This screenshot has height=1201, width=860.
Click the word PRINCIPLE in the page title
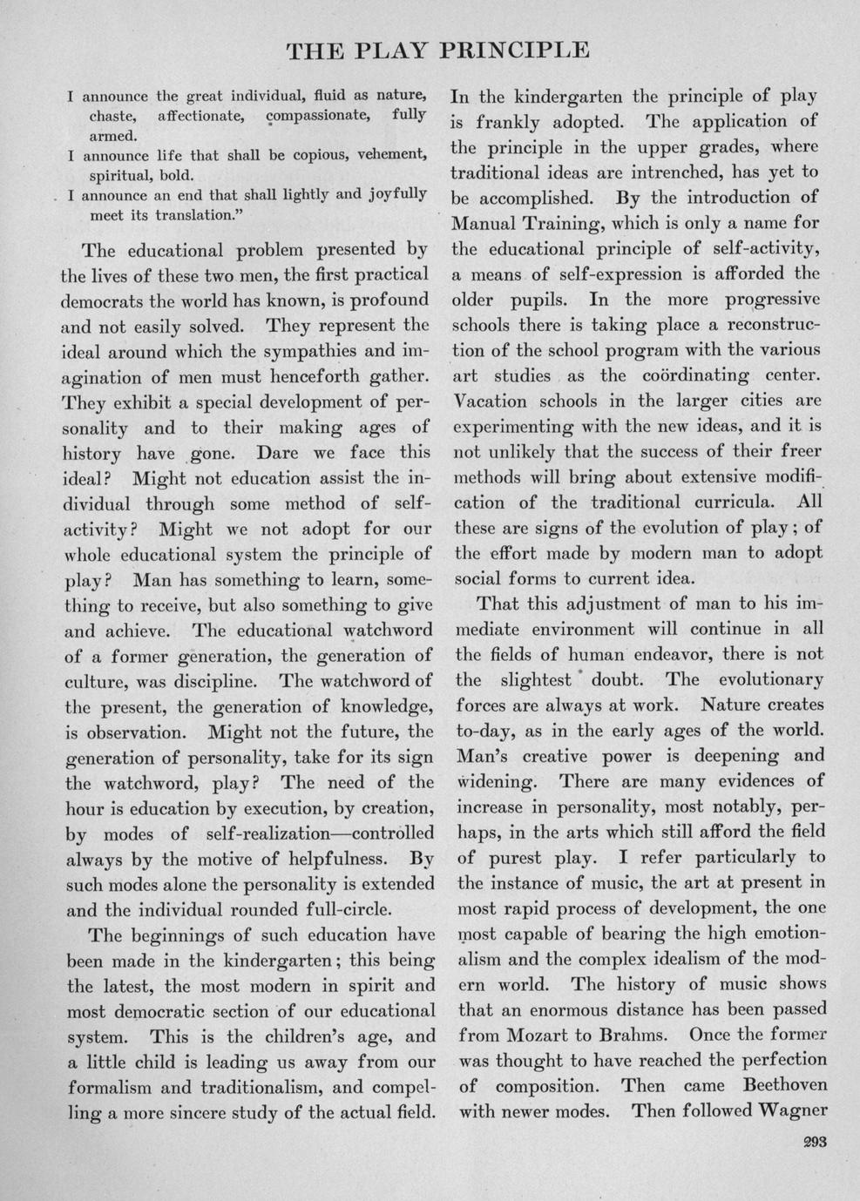(516, 50)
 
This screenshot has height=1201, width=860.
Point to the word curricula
(731, 503)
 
